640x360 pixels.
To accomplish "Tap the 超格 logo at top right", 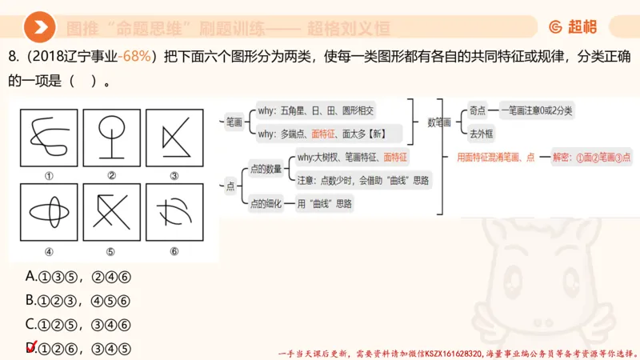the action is tap(573, 28).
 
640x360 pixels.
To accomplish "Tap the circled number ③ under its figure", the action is tap(174, 176).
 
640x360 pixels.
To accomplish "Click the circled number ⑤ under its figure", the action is tap(110, 251).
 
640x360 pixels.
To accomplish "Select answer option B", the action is tap(78, 301).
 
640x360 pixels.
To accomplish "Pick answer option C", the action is tap(78, 325).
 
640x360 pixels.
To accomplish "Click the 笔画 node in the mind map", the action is tap(234, 122).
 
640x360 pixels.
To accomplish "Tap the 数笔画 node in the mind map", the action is tap(439, 122).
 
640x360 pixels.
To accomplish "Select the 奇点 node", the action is tap(478, 110).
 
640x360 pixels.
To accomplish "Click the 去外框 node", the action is tap(481, 133).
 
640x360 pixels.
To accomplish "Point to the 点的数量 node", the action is tap(265, 168).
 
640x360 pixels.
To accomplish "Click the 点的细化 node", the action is tap(265, 203).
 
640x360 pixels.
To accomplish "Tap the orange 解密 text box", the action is tap(591, 158).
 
